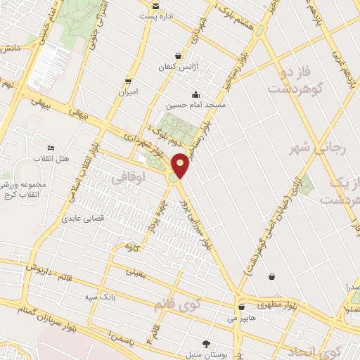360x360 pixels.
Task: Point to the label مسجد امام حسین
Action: [x=195, y=105]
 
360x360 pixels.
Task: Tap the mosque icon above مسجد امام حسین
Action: [x=195, y=94]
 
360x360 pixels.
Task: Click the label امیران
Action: [x=129, y=92]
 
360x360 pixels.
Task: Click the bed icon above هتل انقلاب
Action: [x=51, y=148]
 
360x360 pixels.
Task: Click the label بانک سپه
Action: [x=101, y=296]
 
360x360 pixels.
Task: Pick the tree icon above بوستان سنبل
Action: [x=205, y=344]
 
